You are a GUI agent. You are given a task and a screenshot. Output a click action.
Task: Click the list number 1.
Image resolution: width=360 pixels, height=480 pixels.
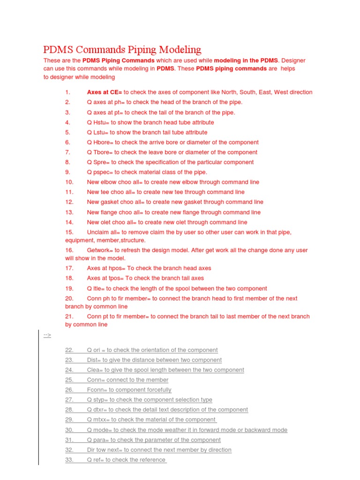67,92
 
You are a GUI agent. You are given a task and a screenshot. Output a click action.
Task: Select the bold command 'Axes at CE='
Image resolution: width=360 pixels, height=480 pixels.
105,92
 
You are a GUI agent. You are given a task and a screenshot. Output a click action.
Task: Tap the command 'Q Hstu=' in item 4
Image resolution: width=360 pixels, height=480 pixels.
98,122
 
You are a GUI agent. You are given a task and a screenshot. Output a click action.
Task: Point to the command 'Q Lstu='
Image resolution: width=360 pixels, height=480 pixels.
97,132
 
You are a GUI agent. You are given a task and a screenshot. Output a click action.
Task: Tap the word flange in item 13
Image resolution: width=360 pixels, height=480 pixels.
109,212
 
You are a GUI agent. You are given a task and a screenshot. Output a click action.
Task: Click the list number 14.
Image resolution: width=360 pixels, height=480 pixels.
69,222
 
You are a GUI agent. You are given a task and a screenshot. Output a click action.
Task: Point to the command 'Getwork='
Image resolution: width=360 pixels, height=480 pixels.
100,250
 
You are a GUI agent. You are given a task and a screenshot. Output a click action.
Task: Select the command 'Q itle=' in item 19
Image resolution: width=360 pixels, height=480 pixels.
96,289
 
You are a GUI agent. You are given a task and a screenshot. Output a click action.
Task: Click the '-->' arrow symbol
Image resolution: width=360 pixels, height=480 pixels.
47,335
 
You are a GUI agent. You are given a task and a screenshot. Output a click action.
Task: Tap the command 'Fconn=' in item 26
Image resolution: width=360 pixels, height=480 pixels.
97,390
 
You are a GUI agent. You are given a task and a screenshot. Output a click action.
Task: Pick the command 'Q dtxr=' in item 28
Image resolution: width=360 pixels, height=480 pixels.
97,410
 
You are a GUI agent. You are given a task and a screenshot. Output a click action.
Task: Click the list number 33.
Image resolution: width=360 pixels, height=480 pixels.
69,460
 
